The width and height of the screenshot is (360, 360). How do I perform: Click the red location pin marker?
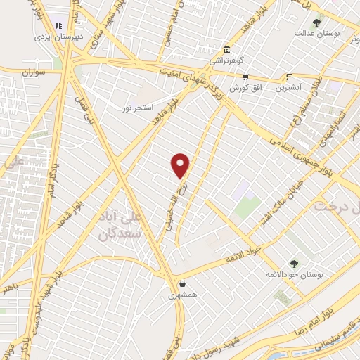[x=181, y=166]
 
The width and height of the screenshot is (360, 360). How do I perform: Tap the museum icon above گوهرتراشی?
[x=226, y=51]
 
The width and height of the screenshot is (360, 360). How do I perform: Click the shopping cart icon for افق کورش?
[x=245, y=78]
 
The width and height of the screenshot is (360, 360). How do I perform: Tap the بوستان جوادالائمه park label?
[x=288, y=274]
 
